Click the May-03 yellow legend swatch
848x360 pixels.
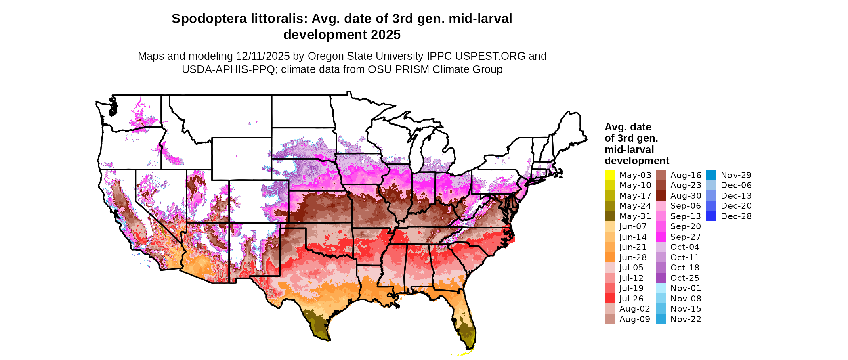(x=609, y=175)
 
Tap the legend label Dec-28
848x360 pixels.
(x=736, y=216)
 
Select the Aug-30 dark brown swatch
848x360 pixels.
(x=661, y=196)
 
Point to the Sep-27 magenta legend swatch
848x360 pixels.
(x=661, y=237)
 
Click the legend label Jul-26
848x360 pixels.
(x=632, y=299)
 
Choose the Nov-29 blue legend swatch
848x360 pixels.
(x=711, y=175)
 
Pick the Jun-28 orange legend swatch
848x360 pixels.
(x=609, y=257)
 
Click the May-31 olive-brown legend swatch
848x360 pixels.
(x=609, y=216)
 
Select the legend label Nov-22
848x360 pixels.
(x=686, y=319)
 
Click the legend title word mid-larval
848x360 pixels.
(x=629, y=150)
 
